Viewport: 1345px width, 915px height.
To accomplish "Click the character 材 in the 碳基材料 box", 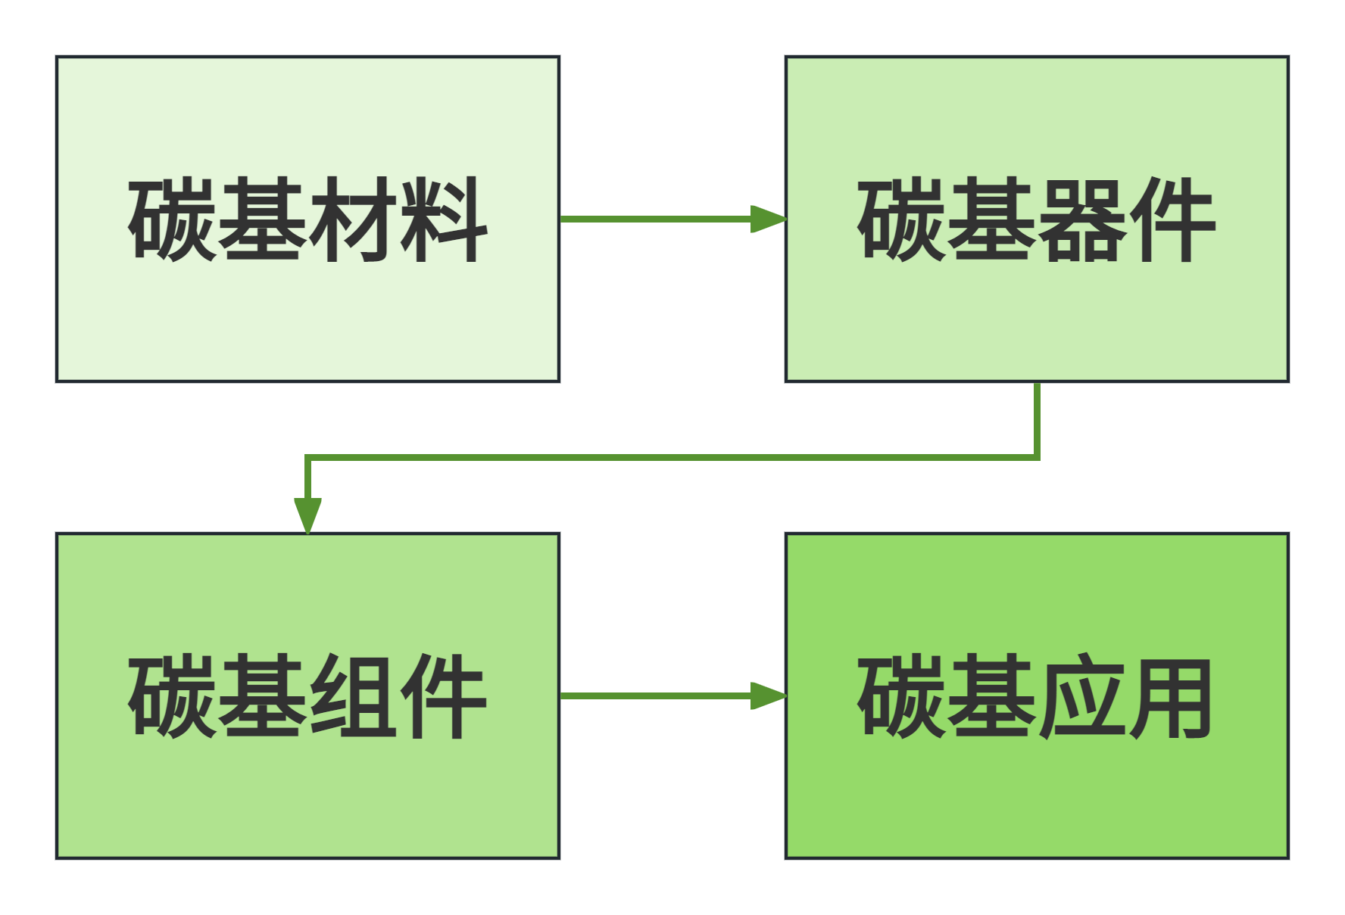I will pyautogui.click(x=353, y=219).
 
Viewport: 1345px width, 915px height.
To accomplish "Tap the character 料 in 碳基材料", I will pyautogui.click(x=443, y=219).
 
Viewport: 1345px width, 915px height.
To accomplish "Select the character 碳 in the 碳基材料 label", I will pyautogui.click(x=173, y=219).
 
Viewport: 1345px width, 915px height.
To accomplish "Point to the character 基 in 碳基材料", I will pyautogui.click(x=263, y=219).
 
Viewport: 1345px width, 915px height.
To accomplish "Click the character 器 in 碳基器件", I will pyautogui.click(x=1082, y=219).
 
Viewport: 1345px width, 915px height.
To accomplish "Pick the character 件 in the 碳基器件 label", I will pyautogui.click(x=1172, y=219).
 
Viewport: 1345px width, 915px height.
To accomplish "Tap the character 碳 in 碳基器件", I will pyautogui.click(x=902, y=219).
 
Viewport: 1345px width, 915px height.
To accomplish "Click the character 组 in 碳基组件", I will pyautogui.click(x=353, y=696).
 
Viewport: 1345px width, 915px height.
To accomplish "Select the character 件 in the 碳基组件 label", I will pyautogui.click(x=443, y=696).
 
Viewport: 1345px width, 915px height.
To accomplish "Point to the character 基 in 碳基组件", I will pyautogui.click(x=263, y=696).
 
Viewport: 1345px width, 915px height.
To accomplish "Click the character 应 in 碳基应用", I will pyautogui.click(x=1082, y=696).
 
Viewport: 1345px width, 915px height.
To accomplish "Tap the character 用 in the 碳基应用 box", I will pyautogui.click(x=1172, y=696).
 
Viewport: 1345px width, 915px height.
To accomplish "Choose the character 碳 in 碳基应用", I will pyautogui.click(x=902, y=696).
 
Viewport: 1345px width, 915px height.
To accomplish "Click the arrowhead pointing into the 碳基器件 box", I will pyautogui.click(x=769, y=219).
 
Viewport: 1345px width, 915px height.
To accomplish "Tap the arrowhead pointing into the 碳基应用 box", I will pyautogui.click(x=769, y=696).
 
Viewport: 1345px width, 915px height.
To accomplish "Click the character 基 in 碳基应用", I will pyautogui.click(x=992, y=696).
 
